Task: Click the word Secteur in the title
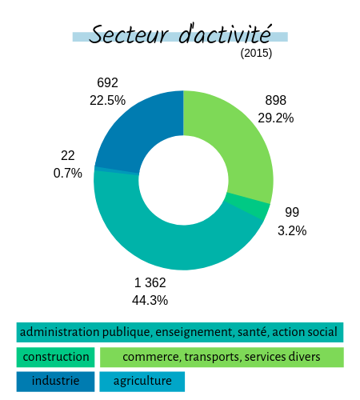(x=129, y=34)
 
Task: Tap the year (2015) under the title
(x=256, y=53)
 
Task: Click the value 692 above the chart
(x=107, y=82)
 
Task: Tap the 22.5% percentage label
(x=107, y=101)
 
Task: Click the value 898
(x=276, y=100)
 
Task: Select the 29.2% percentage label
(x=276, y=118)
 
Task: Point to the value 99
(x=292, y=212)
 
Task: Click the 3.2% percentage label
(x=292, y=230)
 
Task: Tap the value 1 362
(x=150, y=282)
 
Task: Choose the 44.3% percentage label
(x=150, y=300)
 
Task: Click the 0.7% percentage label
(x=68, y=174)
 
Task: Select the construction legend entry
(x=55, y=357)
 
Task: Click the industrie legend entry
(x=55, y=382)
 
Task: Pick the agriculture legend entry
(x=142, y=382)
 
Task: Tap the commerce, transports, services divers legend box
(x=222, y=357)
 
